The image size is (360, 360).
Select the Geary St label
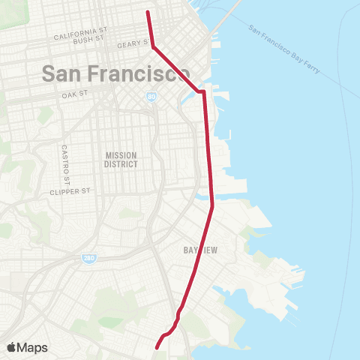coord(129,45)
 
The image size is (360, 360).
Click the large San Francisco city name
coord(115,73)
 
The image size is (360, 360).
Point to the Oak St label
coord(75,95)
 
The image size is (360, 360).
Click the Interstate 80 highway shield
coord(152,97)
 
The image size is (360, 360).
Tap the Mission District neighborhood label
coord(121,159)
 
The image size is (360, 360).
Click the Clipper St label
coord(69,191)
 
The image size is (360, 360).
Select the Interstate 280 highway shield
coord(88,258)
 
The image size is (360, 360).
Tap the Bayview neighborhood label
coord(200,251)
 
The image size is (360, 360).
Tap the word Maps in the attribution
coord(34,347)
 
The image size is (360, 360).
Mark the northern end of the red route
coord(147,12)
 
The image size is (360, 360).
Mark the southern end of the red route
coord(157,348)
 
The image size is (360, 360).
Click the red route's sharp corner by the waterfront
coord(203,92)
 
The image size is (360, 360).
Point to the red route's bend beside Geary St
coord(154,47)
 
